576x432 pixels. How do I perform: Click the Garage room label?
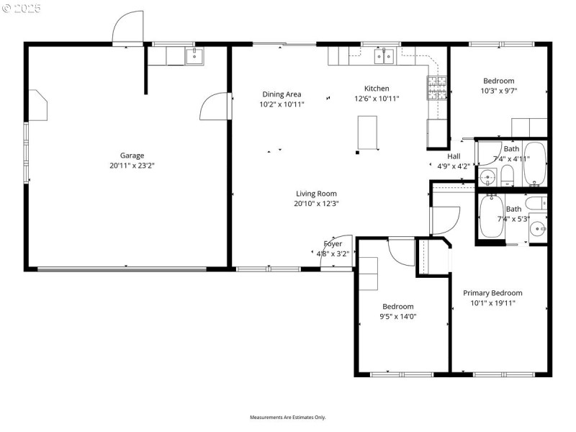pos(132,155)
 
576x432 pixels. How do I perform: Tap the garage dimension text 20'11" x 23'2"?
pos(132,165)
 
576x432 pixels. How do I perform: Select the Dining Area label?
pos(282,94)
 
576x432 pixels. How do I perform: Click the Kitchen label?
pos(376,89)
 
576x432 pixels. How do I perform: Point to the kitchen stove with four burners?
pos(436,89)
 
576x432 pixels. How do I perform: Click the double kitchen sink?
pos(383,55)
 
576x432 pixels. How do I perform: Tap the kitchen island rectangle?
pos(368,133)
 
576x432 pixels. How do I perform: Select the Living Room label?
pos(316,193)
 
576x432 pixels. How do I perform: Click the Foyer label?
pos(333,243)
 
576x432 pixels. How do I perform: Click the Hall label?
pos(454,156)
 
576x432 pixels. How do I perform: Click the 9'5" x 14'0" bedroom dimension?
pos(398,316)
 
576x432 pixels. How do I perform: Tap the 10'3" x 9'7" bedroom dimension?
pos(499,91)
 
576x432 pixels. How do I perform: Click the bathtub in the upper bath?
pos(535,163)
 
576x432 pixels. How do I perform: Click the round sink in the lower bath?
pos(538,228)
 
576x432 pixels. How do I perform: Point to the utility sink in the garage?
pos(194,55)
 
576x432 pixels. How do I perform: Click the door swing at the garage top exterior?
pos(128,29)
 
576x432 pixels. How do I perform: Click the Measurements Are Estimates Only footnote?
pos(288,418)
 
